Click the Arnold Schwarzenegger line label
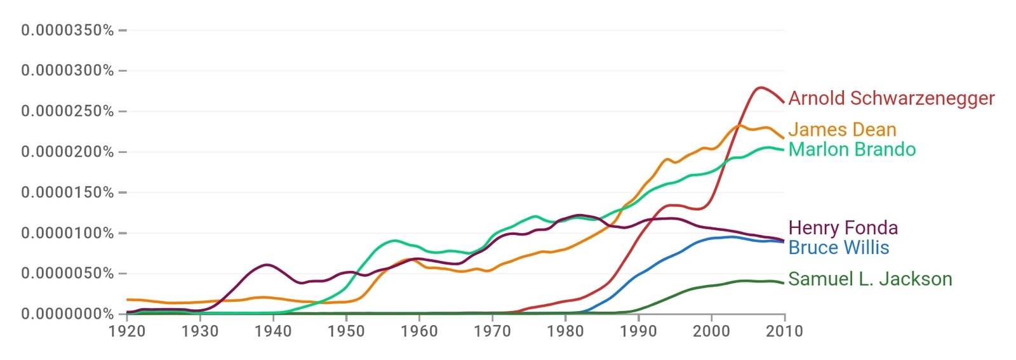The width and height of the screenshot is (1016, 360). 891,98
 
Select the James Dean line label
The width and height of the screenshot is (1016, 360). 842,130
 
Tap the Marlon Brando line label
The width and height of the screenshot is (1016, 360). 852,150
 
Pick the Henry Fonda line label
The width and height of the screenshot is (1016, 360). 843,228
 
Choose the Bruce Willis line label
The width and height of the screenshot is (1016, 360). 838,248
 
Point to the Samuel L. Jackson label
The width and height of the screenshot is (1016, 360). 870,279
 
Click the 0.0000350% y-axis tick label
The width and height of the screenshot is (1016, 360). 67,30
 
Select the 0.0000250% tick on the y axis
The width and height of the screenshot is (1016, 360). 67,111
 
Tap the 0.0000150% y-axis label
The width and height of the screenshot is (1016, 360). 67,192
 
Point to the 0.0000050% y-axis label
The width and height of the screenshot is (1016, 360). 67,274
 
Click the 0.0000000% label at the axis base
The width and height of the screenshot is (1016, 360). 67,314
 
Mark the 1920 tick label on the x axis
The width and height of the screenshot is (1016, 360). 127,331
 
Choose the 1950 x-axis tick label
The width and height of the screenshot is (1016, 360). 346,331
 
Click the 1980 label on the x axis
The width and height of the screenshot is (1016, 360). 565,331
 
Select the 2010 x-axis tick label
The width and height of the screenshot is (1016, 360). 785,331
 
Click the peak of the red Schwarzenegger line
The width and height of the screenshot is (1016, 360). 759,88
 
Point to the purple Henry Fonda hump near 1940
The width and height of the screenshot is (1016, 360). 267,264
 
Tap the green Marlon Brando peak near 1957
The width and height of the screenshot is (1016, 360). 394,241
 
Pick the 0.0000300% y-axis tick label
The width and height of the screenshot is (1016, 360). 67,70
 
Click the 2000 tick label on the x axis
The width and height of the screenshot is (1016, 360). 712,331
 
